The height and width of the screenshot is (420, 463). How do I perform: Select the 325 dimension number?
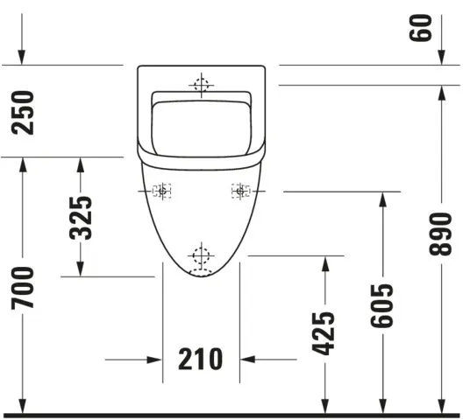tap(81, 217)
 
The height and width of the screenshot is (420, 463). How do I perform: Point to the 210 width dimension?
tap(201, 359)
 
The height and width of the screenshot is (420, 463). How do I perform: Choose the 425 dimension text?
tap(323, 333)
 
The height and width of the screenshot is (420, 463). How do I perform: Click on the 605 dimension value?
tap(381, 305)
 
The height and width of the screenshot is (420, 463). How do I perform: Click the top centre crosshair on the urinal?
tap(202, 84)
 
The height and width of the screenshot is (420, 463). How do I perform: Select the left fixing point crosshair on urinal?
tap(162, 190)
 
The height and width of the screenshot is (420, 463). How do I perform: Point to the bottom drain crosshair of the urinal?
tap(202, 255)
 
